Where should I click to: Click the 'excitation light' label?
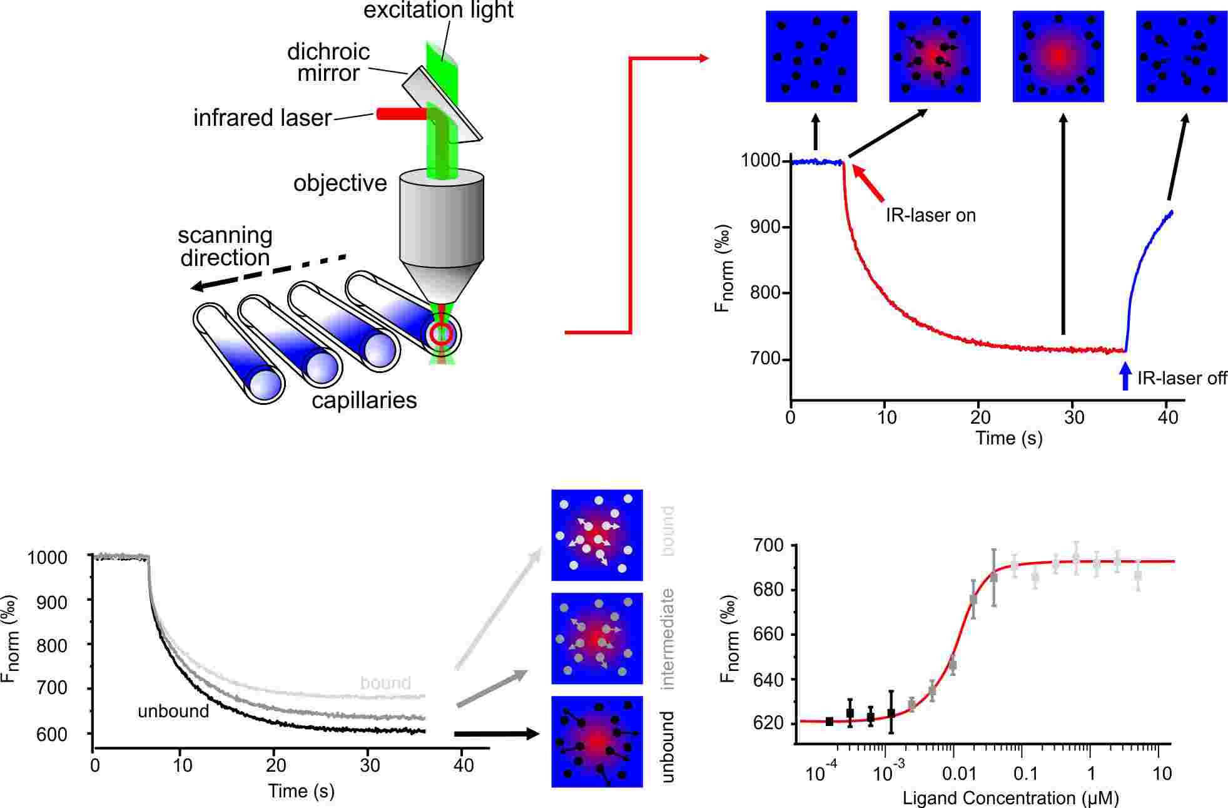[438, 11]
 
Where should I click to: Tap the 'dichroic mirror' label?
[328, 62]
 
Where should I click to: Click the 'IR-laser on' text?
[930, 215]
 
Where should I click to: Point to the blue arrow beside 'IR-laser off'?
[1125, 377]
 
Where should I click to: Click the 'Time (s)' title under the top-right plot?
[1008, 437]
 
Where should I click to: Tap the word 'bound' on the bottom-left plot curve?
[385, 682]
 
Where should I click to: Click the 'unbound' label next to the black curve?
[173, 711]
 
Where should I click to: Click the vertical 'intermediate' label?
[667, 639]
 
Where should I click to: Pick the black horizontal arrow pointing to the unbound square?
[495, 734]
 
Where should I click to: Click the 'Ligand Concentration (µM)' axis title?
[1010, 799]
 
